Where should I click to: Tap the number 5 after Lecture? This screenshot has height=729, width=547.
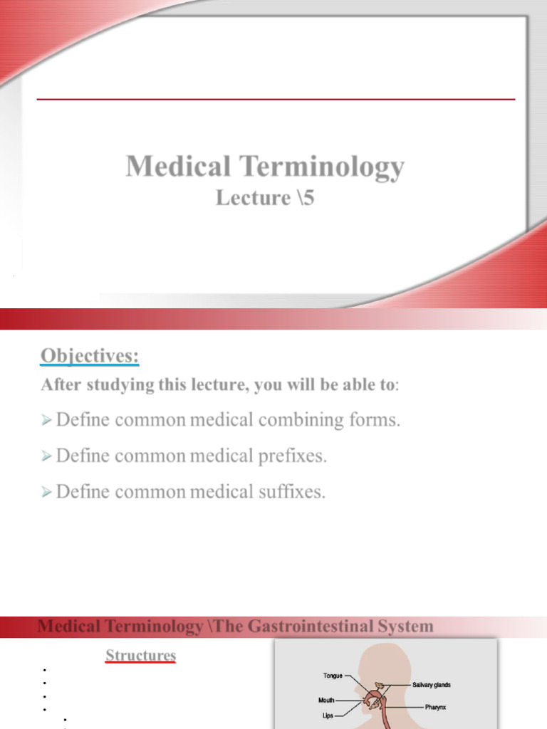(307, 198)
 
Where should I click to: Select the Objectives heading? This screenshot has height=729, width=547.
(90, 355)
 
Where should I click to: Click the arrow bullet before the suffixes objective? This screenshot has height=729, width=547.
(46, 493)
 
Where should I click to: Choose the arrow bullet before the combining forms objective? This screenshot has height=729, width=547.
(46, 421)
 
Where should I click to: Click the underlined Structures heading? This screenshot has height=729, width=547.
(140, 655)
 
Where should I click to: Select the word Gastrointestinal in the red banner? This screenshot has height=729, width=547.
(313, 627)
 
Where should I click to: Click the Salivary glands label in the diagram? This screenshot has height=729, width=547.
(431, 685)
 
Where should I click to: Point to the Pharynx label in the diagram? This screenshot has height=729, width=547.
(436, 708)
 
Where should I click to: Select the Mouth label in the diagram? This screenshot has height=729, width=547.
(326, 701)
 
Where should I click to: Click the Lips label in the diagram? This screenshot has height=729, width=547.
(328, 715)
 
